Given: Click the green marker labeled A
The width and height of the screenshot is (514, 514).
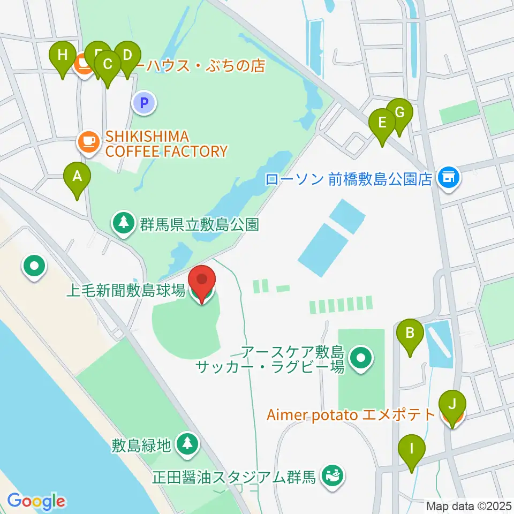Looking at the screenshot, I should (x=77, y=176).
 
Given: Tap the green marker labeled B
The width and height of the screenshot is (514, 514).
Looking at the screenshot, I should (x=410, y=333).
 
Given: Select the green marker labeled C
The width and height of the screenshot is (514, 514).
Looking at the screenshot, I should (x=108, y=65).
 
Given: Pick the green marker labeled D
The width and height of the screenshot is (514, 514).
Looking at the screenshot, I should (x=127, y=55).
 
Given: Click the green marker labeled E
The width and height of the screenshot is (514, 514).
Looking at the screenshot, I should (x=382, y=123).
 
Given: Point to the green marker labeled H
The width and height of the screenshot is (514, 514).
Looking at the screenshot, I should (x=63, y=55).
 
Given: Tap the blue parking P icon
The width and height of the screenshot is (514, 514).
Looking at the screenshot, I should (x=144, y=103).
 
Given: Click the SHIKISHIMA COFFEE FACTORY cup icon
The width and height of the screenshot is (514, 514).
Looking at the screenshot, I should (x=88, y=142).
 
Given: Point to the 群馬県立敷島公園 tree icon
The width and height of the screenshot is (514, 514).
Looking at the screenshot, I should (x=124, y=223).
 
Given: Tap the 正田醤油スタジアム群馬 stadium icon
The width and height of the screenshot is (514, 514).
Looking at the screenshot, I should (x=332, y=475).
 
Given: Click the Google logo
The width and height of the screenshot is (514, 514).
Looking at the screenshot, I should (x=36, y=501).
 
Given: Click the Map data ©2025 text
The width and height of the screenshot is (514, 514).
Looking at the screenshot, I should (x=468, y=505).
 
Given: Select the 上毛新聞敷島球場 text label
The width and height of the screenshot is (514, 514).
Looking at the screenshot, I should (x=126, y=291).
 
